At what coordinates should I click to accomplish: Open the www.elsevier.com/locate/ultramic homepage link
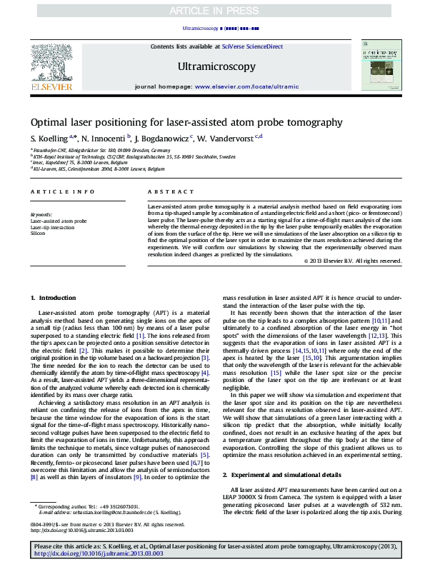[246, 86]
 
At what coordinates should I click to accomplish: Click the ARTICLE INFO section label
[62, 192]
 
